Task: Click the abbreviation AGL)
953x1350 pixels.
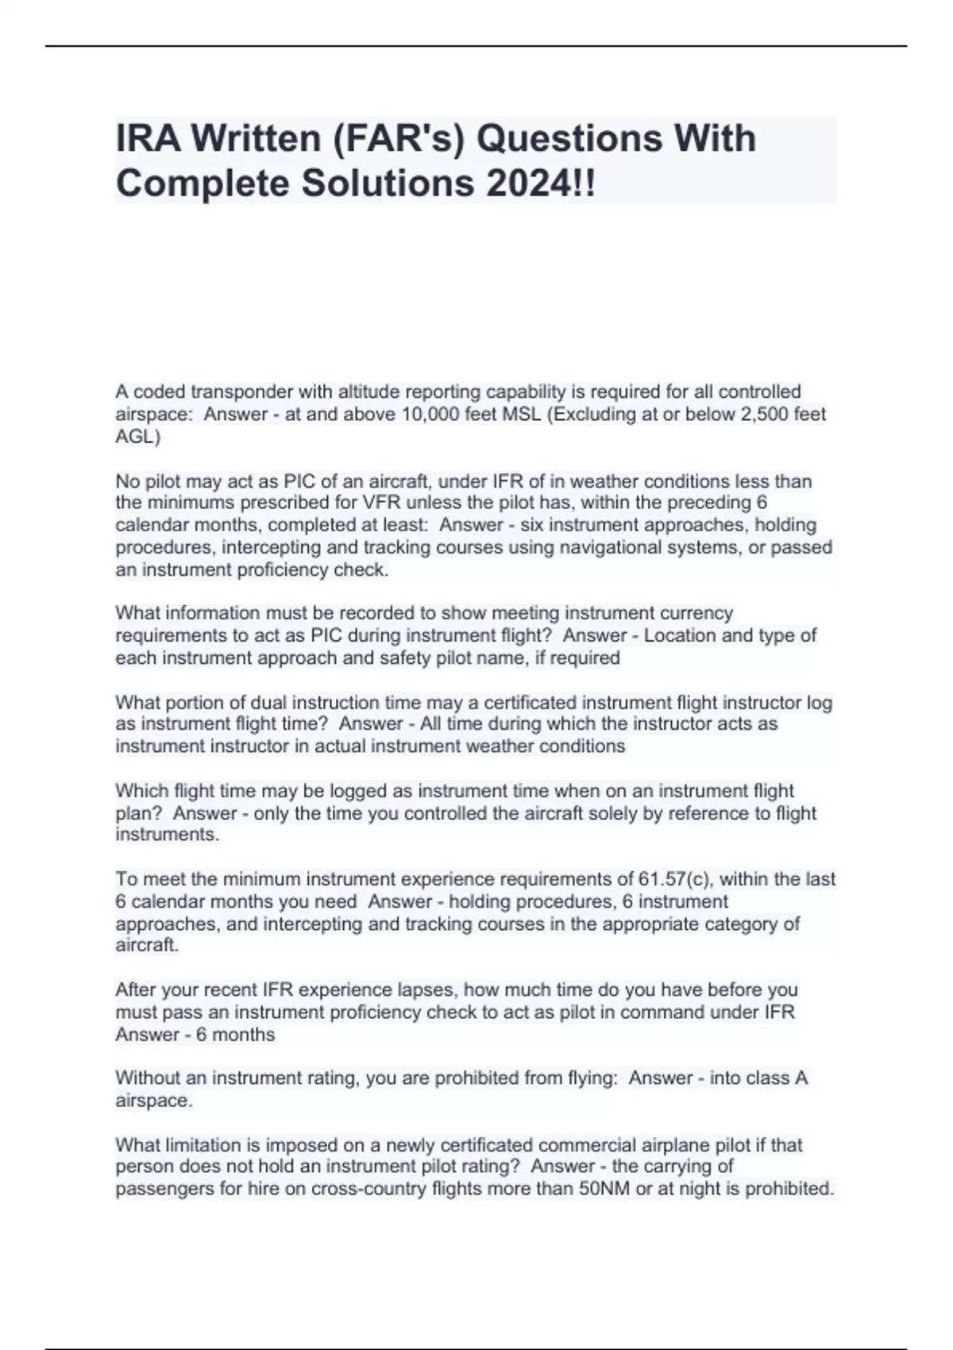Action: tap(137, 437)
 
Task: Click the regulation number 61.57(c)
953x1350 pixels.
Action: tap(676, 879)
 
